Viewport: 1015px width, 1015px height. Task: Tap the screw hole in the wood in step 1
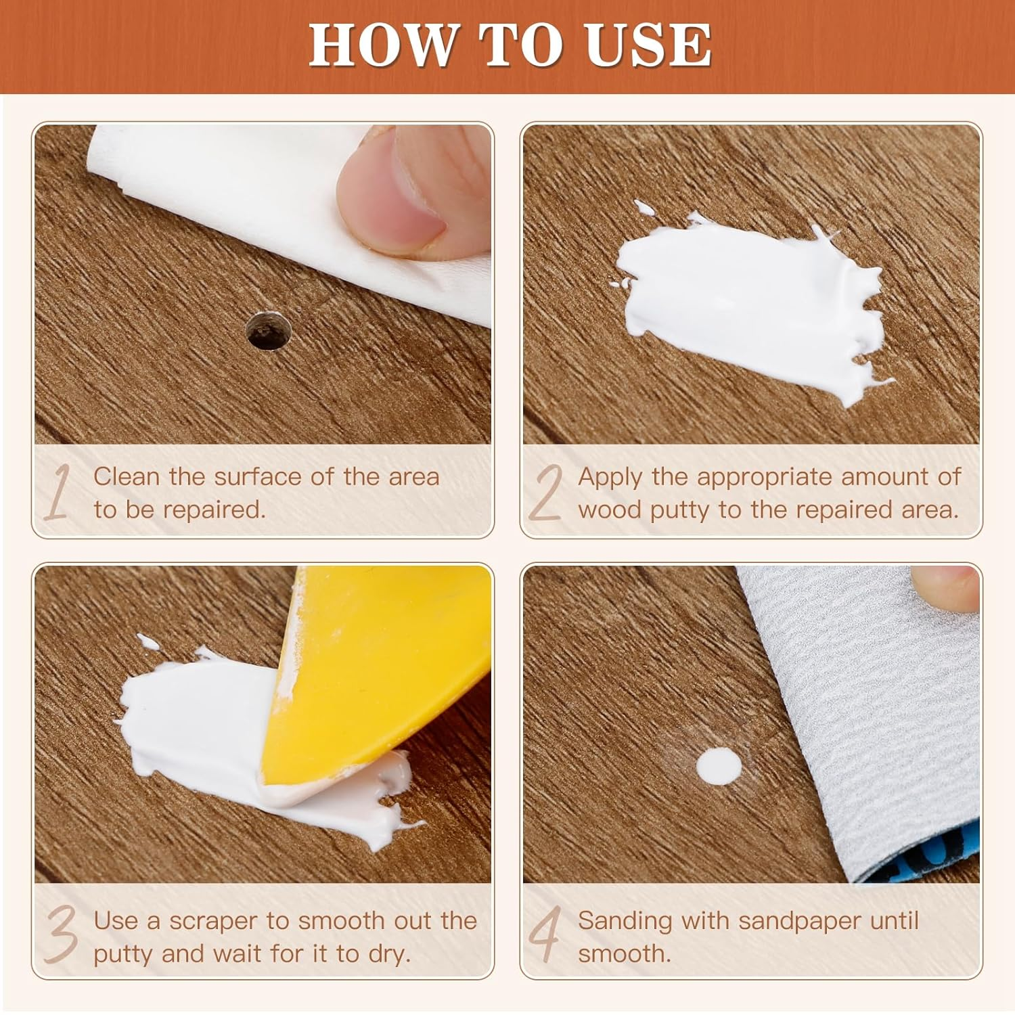[x=269, y=331]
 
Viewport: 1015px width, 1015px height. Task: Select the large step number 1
[x=59, y=493]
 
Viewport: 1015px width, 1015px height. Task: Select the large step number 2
[x=545, y=493]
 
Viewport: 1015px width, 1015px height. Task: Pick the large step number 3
[x=61, y=935]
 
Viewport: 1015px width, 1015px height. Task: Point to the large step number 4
[x=545, y=935]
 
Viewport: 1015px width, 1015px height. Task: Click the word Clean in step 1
[x=127, y=476]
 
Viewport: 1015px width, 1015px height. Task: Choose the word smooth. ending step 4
[x=624, y=953]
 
